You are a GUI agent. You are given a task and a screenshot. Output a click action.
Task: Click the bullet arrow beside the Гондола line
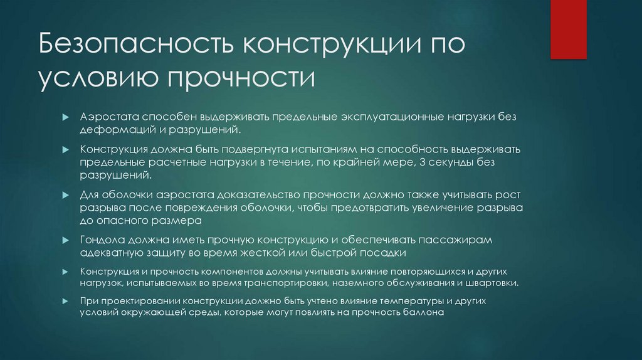coord(65,241)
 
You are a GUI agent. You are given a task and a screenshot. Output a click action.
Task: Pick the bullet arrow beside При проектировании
coord(65,301)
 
